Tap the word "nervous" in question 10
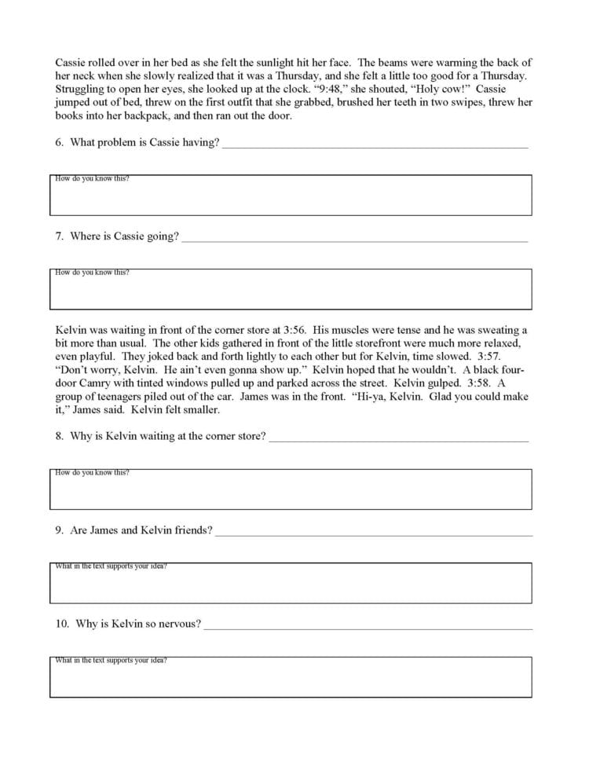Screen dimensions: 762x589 [180, 625]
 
